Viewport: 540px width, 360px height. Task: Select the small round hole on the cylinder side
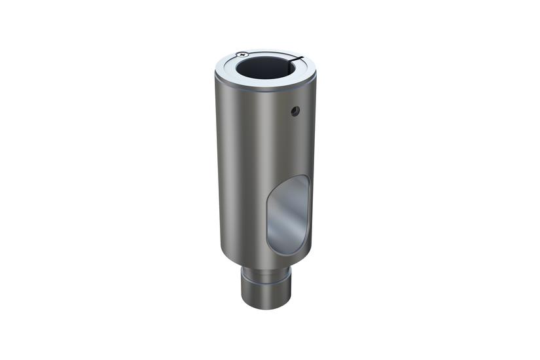click(x=295, y=111)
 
